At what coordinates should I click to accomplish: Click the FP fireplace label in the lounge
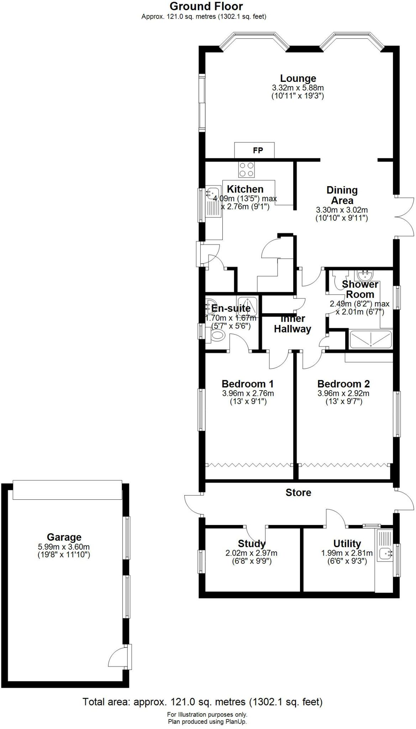[x=258, y=150]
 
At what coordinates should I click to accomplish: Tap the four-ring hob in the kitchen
[x=246, y=169]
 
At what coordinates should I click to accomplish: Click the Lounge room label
[x=298, y=78]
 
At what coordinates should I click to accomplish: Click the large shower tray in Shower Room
[x=370, y=340]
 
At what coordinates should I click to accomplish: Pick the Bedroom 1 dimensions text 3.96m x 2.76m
[x=248, y=393]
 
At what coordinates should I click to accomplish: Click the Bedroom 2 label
[x=343, y=384]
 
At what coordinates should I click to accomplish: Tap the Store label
[x=298, y=493]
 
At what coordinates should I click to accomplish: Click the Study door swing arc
[x=256, y=534]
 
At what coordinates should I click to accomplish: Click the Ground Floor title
[x=206, y=6]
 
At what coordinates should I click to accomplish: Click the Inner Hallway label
[x=293, y=324]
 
